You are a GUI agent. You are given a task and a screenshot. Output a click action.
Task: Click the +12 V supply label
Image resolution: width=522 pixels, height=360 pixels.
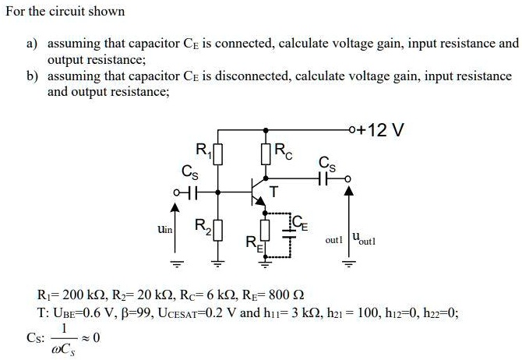point(383,129)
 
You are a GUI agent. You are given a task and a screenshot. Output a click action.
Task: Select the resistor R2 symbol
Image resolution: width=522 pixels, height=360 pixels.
point(219,231)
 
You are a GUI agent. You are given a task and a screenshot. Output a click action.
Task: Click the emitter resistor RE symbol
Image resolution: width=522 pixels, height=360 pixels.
point(266,231)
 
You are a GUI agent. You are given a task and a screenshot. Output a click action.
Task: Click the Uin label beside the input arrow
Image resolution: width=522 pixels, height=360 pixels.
point(164,231)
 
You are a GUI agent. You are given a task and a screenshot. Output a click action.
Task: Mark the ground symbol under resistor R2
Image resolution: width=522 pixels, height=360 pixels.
point(219,262)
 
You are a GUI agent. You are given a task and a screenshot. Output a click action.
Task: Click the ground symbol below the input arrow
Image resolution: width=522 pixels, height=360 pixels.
point(175,262)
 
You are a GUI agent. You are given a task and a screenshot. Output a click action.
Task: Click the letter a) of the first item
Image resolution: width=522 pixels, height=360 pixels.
point(32,44)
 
